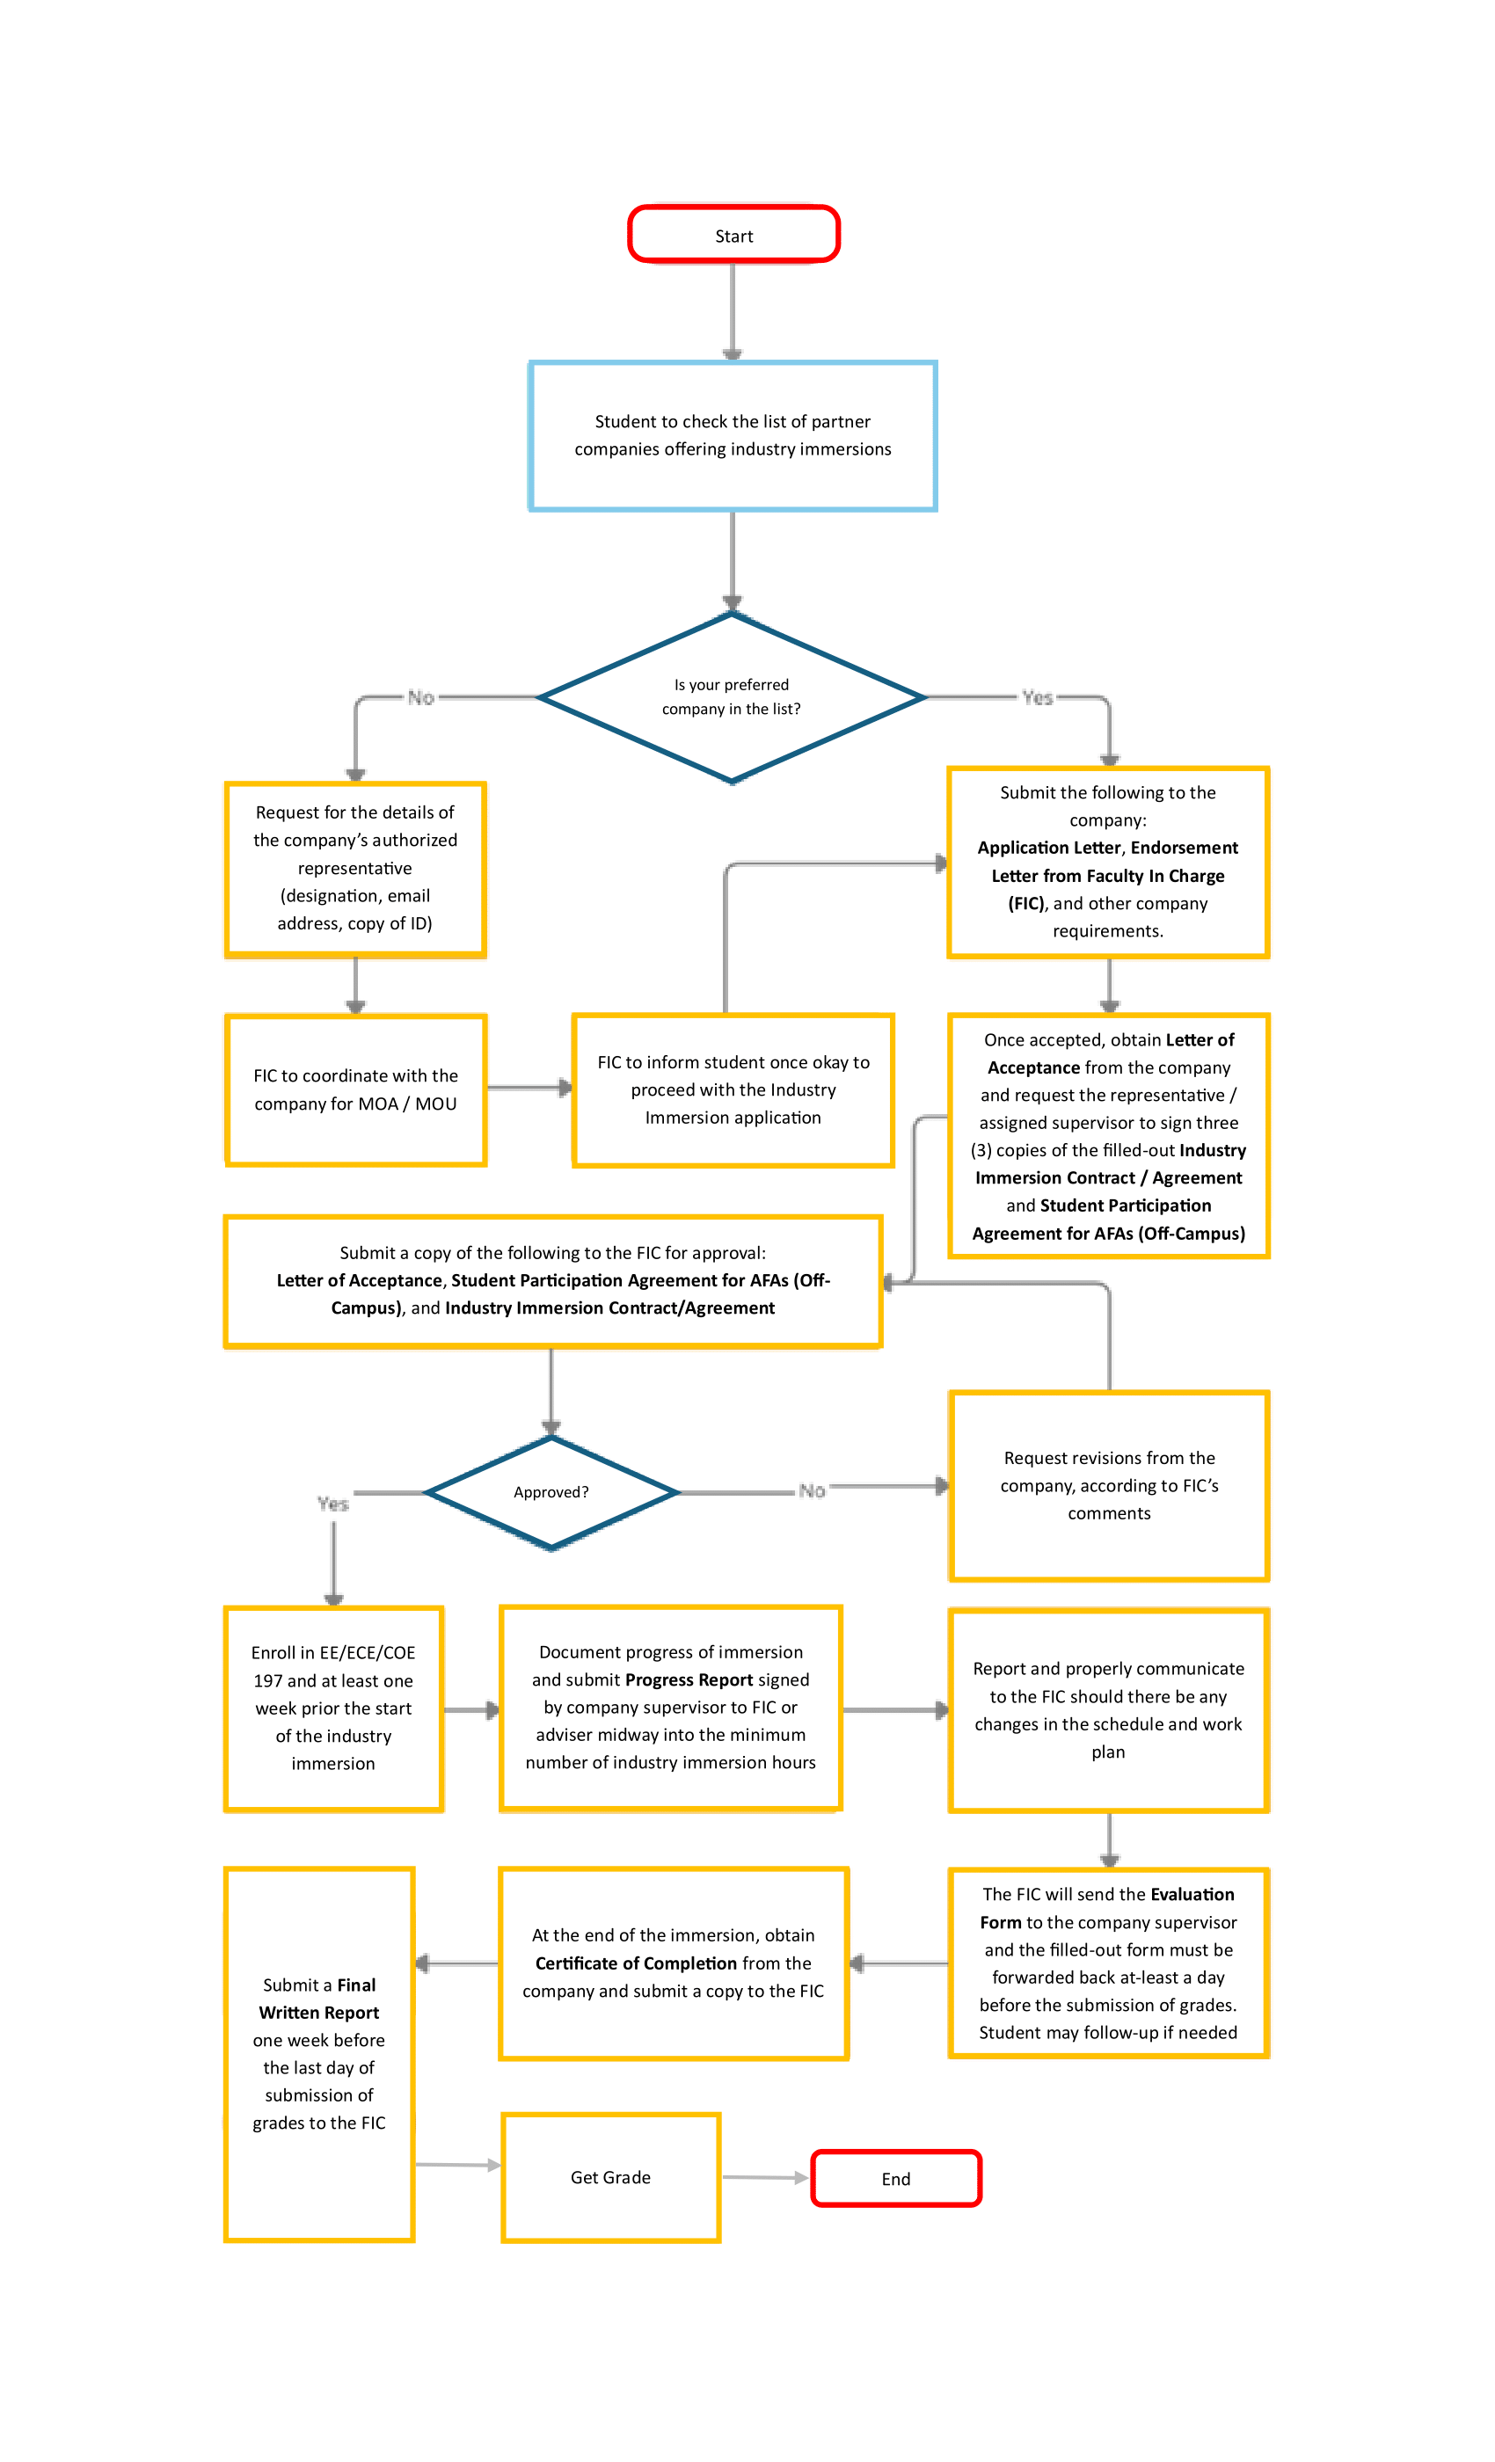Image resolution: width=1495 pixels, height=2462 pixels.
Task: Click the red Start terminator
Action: tap(733, 235)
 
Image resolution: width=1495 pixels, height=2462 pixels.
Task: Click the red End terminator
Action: tap(895, 2178)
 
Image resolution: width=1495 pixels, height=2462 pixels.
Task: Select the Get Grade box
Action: tap(610, 2177)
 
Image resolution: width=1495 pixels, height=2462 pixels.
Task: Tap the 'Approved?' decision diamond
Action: tap(551, 1492)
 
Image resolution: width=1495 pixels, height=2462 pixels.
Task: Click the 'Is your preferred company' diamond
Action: tap(731, 696)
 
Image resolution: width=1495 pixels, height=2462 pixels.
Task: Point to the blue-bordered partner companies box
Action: tap(733, 435)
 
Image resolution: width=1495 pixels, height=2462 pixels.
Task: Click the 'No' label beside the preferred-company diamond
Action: tap(420, 697)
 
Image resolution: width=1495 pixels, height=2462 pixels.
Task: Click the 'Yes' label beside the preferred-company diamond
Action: tap(1038, 697)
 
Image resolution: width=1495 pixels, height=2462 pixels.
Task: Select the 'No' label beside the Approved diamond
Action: tap(812, 1490)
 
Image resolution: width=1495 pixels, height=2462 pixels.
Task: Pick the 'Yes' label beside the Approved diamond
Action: tap(332, 1504)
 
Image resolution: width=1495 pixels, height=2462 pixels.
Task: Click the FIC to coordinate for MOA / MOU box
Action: tap(356, 1089)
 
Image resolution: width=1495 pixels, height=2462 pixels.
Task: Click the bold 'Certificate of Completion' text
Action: tap(636, 1963)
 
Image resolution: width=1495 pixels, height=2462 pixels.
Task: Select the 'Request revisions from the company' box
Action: tap(1108, 1485)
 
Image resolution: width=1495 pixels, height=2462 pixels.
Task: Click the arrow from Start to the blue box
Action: tap(733, 310)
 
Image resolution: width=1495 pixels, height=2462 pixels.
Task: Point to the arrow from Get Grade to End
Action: tap(764, 2177)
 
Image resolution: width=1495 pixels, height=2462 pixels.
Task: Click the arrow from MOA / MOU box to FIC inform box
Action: tap(529, 1087)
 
